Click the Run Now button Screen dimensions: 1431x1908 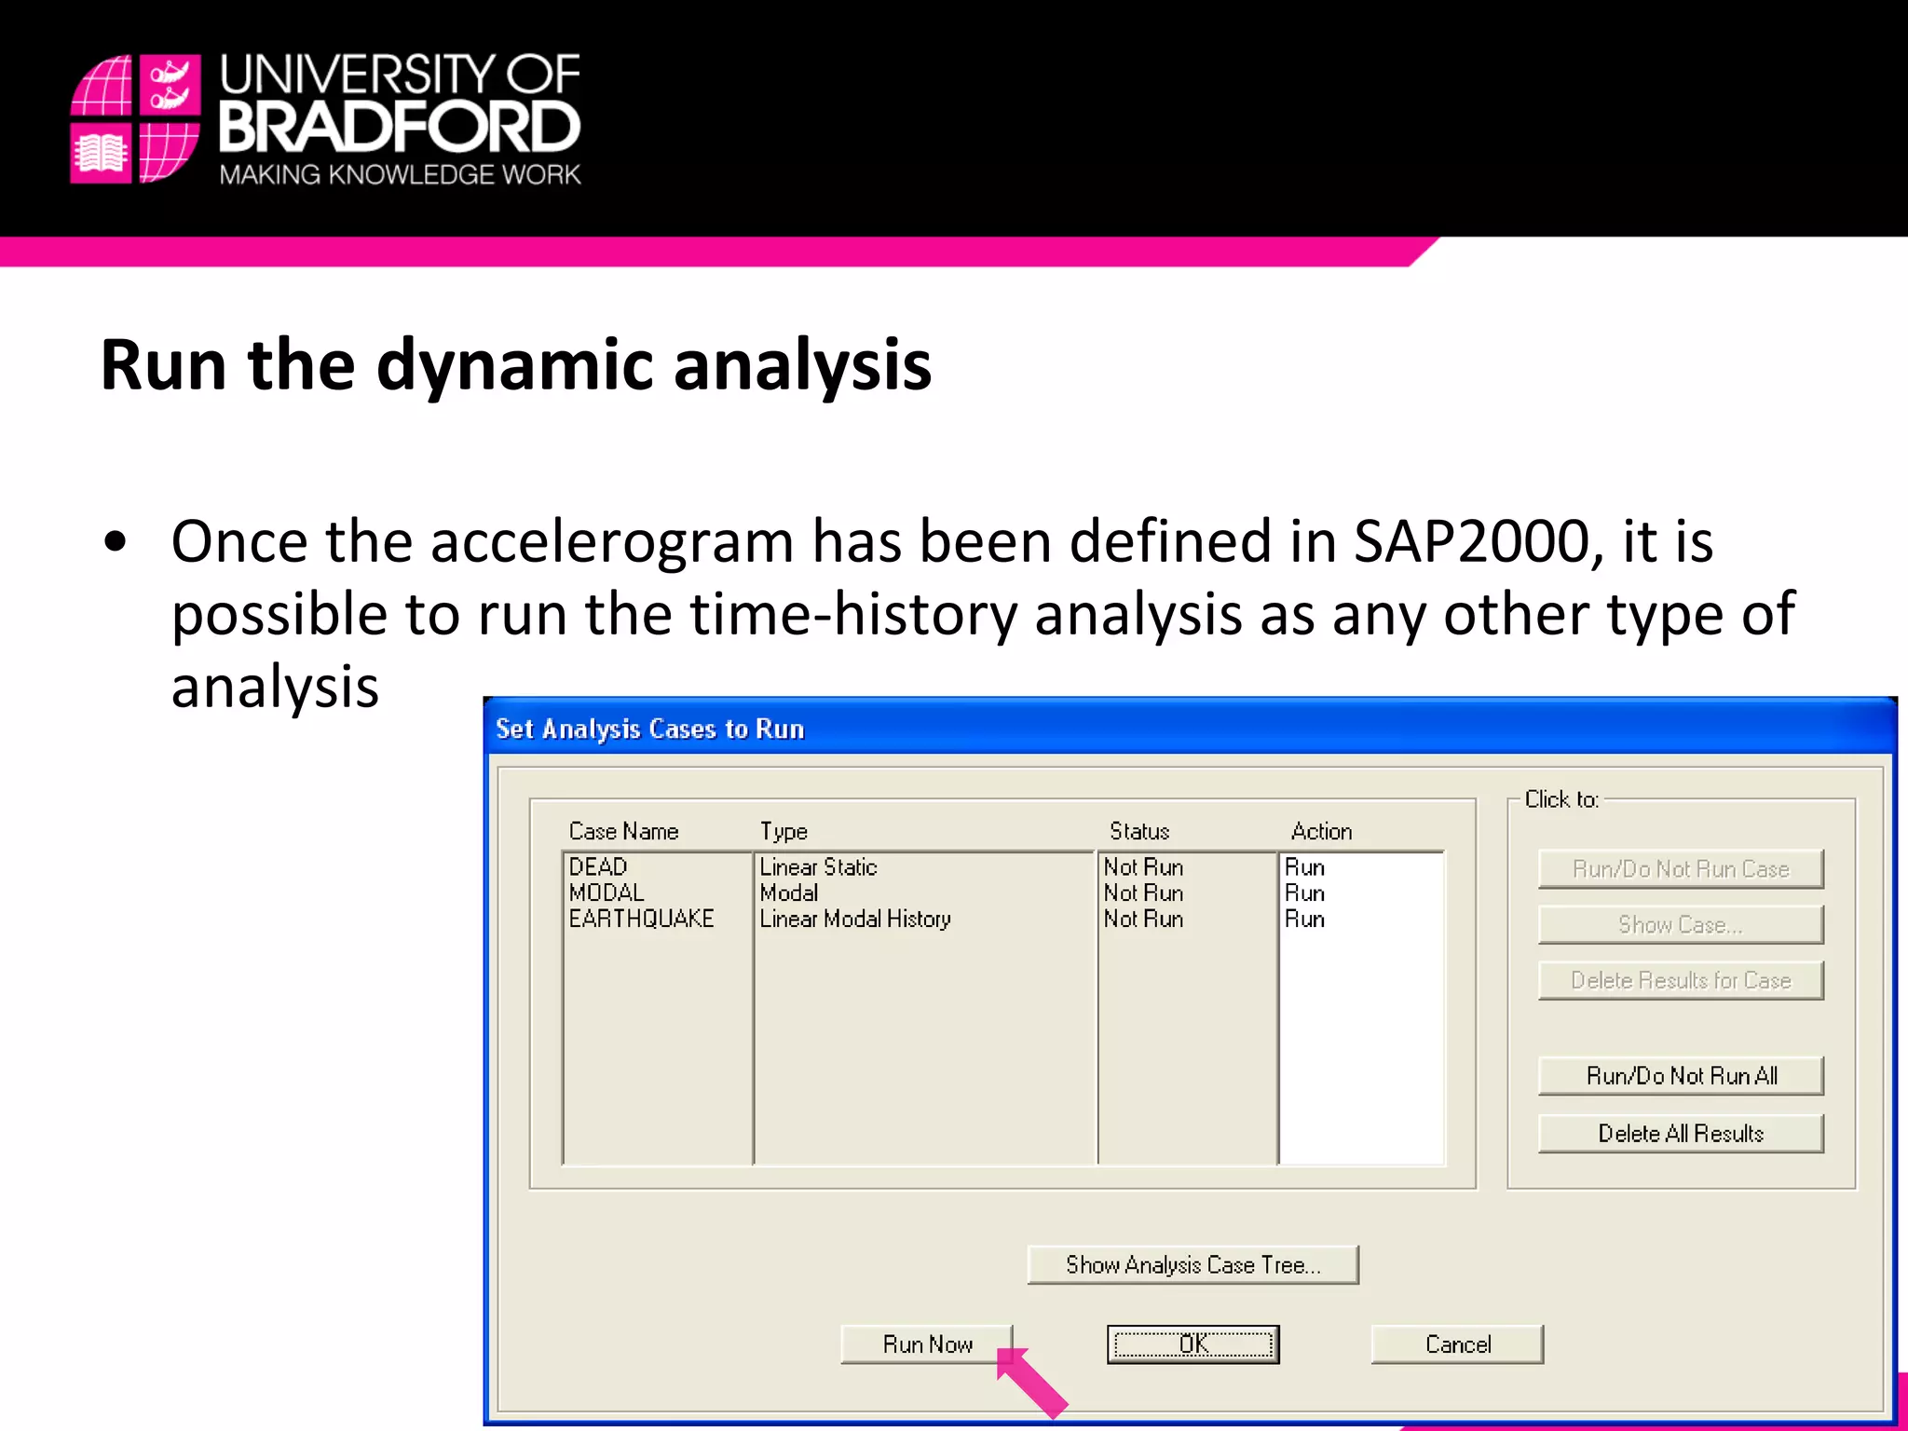click(x=926, y=1344)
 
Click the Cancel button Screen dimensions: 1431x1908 click(x=1457, y=1344)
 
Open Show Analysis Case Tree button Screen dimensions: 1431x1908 click(x=1192, y=1265)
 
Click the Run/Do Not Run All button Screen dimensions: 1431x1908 click(x=1681, y=1076)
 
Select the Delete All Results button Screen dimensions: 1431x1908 click(x=1681, y=1134)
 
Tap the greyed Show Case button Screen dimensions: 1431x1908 click(x=1681, y=925)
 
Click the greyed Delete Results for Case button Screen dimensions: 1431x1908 click(x=1681, y=981)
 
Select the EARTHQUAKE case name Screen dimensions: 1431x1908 click(x=641, y=920)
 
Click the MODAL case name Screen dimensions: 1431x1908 click(x=606, y=893)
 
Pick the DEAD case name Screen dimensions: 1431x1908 click(x=598, y=867)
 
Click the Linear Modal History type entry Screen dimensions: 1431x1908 click(x=854, y=920)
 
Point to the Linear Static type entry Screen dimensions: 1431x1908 click(x=818, y=867)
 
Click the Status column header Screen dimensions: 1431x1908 click(x=1138, y=831)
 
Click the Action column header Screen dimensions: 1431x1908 click(x=1321, y=831)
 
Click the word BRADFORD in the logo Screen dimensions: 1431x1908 click(x=399, y=128)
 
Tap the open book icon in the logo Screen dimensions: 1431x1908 click(x=101, y=154)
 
